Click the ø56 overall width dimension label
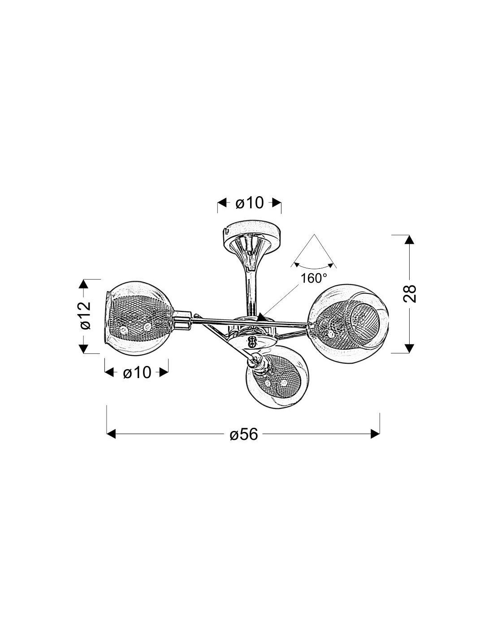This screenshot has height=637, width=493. click(x=243, y=434)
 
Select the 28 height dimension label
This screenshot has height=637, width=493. click(x=410, y=293)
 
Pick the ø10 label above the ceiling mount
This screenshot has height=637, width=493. click(x=250, y=202)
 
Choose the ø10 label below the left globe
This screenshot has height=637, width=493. click(x=137, y=373)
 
